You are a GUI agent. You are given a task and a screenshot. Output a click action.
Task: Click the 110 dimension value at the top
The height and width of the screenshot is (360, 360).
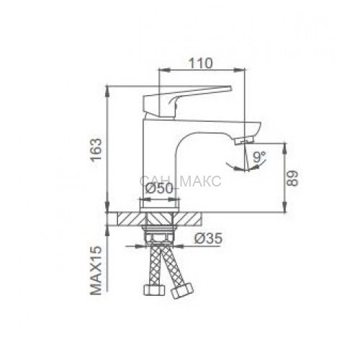tap(201, 63)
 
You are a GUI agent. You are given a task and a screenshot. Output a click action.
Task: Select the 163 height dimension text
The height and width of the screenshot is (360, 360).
tap(96, 149)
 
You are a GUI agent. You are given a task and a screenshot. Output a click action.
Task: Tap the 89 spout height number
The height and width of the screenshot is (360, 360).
tap(292, 179)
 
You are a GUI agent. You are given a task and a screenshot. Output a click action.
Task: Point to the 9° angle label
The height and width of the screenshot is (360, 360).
tap(259, 157)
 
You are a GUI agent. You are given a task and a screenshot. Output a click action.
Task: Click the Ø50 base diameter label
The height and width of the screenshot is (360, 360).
tap(159, 189)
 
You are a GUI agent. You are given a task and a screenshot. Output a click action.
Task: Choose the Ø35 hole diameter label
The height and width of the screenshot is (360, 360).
tap(208, 239)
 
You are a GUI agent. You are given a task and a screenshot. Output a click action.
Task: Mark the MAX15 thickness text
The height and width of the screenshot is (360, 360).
tap(96, 270)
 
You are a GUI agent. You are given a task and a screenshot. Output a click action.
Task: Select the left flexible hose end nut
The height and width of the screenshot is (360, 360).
tap(155, 290)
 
